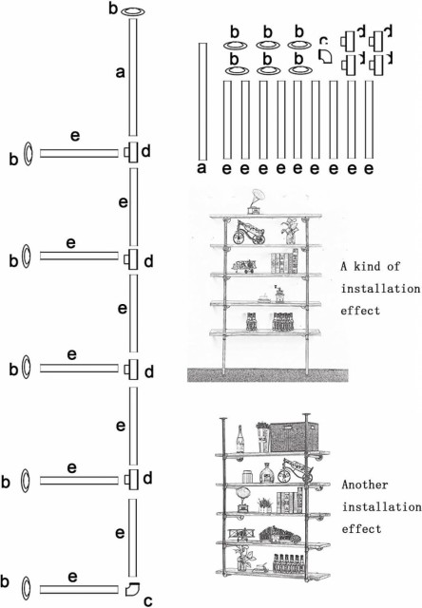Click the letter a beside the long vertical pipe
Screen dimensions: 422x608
coord(121,72)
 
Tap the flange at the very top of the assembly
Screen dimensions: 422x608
coord(133,12)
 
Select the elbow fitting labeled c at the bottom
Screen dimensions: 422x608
coord(132,589)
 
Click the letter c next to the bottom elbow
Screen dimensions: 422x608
coord(147,601)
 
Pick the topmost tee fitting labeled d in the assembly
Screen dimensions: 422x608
coord(131,153)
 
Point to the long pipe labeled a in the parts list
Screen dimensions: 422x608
coord(202,101)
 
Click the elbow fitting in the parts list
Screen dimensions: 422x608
coord(325,56)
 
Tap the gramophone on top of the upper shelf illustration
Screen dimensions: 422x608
coord(255,201)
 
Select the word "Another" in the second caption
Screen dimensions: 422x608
coord(365,484)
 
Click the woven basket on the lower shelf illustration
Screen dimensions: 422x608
coord(294,437)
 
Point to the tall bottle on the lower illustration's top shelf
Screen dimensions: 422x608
coord(240,439)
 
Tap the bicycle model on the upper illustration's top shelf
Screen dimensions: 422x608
coord(249,233)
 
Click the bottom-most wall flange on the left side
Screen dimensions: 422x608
coord(26,589)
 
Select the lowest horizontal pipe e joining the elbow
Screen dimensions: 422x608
coord(79,589)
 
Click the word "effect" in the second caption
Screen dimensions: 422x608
coord(361,529)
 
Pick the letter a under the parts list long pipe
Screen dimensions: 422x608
coord(201,169)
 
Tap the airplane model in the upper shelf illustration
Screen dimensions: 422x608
coord(245,266)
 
